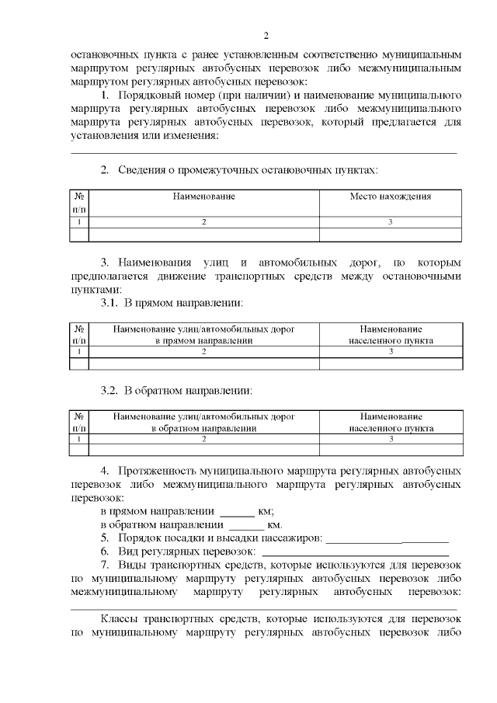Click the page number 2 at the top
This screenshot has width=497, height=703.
tap(266, 36)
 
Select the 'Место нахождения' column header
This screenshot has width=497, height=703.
tap(391, 197)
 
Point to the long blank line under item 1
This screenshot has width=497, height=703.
tap(264, 152)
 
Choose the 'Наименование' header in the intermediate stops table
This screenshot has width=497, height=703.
tap(204, 197)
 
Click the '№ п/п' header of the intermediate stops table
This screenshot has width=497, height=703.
tap(80, 203)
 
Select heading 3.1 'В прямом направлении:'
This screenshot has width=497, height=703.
tap(173, 301)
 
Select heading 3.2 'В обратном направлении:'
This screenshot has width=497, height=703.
tap(177, 390)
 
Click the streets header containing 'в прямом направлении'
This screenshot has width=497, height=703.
tap(204, 335)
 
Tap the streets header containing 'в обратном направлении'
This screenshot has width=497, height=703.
tap(204, 423)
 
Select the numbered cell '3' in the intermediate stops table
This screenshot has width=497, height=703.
tap(391, 222)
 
